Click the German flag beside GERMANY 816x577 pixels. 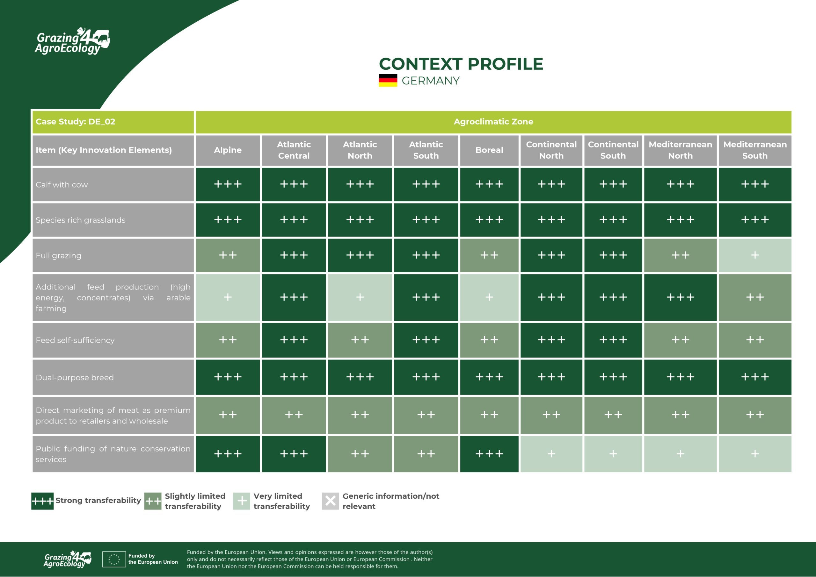(x=388, y=80)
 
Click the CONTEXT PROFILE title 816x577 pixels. (x=461, y=64)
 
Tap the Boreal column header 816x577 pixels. (x=489, y=150)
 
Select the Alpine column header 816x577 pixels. (x=228, y=150)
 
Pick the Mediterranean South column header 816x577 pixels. (x=755, y=150)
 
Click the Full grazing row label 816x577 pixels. (x=59, y=255)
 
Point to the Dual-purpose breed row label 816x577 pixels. (x=75, y=377)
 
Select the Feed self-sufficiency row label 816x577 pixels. (x=75, y=340)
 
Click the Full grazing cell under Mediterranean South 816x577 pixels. (x=755, y=255)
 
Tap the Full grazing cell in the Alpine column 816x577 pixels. (x=228, y=255)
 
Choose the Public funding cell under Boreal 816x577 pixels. (x=489, y=454)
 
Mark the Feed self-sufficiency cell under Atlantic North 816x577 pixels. (x=360, y=340)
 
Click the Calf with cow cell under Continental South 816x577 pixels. (x=613, y=184)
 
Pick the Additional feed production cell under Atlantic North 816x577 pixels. (x=360, y=297)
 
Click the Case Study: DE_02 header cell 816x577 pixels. (x=113, y=122)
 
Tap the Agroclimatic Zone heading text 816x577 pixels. (x=493, y=122)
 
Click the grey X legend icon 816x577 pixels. (x=330, y=501)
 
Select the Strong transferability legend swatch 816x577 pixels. (x=42, y=501)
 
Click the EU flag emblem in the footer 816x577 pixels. (x=114, y=559)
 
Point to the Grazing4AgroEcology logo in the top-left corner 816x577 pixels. (x=72, y=41)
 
